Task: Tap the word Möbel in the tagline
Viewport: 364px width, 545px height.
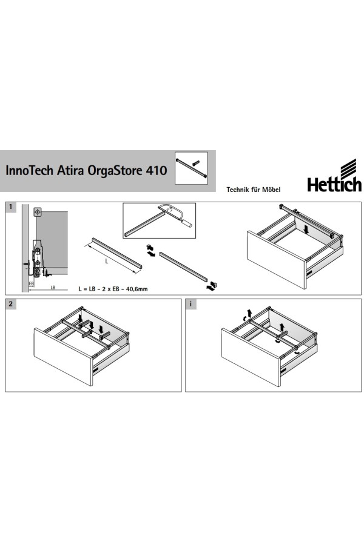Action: coord(271,190)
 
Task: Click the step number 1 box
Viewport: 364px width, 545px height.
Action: coord(11,207)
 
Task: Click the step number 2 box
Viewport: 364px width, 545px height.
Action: coord(11,304)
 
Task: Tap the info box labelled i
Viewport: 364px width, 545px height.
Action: coord(191,304)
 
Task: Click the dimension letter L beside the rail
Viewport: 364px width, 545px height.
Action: coord(107,262)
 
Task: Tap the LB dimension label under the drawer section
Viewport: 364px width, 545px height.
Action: coord(53,288)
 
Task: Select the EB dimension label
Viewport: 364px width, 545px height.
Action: coord(32,283)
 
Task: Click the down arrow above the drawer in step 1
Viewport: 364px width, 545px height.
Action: coord(306,229)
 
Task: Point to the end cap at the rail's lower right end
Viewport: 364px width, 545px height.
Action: coord(215,285)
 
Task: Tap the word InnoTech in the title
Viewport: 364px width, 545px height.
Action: coord(29,170)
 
